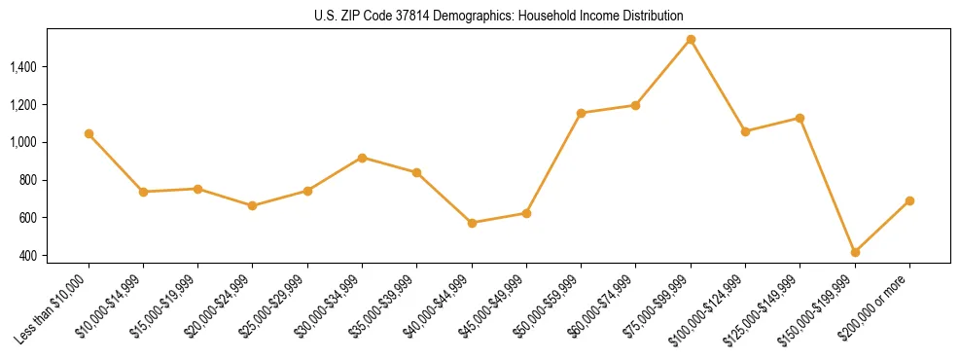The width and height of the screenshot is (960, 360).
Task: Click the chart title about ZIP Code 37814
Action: tap(499, 16)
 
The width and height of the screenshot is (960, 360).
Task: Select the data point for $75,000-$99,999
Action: tap(691, 40)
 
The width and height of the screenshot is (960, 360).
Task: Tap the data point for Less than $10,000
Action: tap(89, 133)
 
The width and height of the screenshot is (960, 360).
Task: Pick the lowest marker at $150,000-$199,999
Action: tap(855, 252)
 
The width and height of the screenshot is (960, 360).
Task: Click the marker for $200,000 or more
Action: tap(909, 200)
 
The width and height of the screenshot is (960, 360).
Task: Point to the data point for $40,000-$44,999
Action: tap(472, 223)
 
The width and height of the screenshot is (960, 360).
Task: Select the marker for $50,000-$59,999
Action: tap(581, 113)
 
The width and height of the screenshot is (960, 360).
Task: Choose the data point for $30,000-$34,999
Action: tap(362, 158)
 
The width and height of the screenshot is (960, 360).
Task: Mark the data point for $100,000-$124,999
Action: tap(745, 131)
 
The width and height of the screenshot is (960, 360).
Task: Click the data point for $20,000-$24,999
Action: tap(253, 205)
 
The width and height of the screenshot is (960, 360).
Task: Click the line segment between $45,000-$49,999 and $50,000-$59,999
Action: tap(553, 163)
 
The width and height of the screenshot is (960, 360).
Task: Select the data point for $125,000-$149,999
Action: tap(800, 118)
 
